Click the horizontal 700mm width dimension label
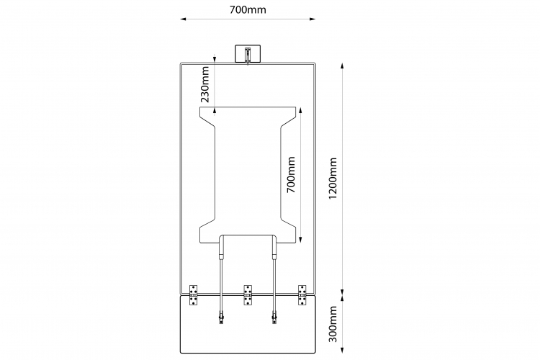pyautogui.click(x=247, y=10)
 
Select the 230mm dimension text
pyautogui.click(x=206, y=85)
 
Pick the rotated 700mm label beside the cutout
pyautogui.click(x=291, y=175)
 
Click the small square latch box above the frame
pyautogui.click(x=247, y=55)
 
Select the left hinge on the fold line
pyautogui.click(x=194, y=295)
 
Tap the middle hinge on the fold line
pyautogui.click(x=248, y=295)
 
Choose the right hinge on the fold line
pyautogui.click(x=302, y=295)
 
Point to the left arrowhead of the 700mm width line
pyautogui.click(x=183, y=19)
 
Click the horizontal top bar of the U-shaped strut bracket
pyautogui.click(x=247, y=235)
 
